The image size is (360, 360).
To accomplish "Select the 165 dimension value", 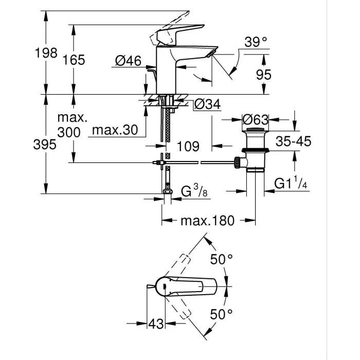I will point(74,60).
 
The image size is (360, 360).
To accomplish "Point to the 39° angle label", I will point(255,43).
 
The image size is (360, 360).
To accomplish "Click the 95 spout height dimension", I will point(263,75).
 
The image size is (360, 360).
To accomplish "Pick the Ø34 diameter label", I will point(207,104).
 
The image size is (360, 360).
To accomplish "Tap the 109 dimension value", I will point(188,146).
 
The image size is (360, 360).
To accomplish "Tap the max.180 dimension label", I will point(207,221).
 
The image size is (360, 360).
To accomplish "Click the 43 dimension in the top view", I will point(158,325).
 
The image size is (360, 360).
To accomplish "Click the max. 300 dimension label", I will point(69,125).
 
